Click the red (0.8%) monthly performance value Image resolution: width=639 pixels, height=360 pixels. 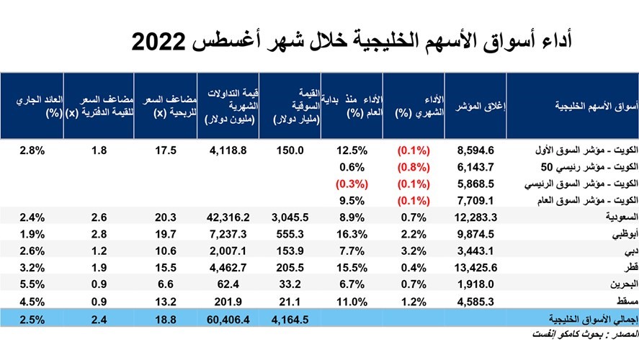pos(414,167)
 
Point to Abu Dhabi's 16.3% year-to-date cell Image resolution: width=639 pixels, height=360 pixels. pos(352,233)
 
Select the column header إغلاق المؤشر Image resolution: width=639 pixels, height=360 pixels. pos(481,107)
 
